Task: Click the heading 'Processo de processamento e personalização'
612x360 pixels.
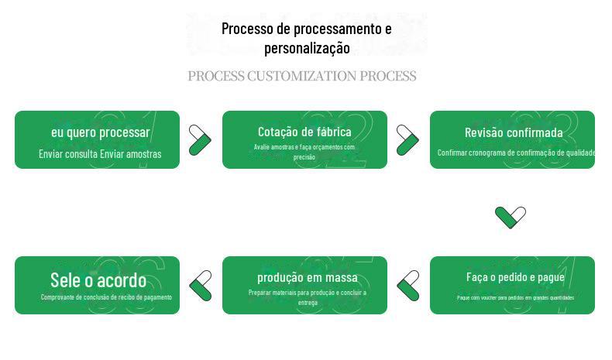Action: (x=306, y=38)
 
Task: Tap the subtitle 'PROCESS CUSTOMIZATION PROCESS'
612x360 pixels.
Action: (x=302, y=76)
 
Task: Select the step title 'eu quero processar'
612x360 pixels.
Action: (x=101, y=132)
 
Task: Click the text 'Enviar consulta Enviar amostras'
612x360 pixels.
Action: (x=100, y=153)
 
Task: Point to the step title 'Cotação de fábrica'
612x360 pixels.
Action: (x=304, y=132)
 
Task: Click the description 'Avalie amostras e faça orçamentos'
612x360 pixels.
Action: (x=304, y=151)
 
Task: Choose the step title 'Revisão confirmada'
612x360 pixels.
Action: (x=514, y=132)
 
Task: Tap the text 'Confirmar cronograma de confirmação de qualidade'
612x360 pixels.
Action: (x=515, y=153)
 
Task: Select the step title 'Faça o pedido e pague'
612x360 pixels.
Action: (x=515, y=277)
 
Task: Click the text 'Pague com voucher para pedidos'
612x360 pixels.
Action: (x=515, y=297)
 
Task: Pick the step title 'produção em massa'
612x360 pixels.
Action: (x=308, y=277)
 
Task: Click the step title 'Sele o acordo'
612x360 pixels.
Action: (x=98, y=279)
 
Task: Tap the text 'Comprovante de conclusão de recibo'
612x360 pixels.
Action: (x=106, y=297)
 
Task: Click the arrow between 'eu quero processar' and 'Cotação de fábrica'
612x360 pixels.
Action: (x=200, y=140)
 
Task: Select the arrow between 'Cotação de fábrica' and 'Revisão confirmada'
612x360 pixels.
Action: (x=407, y=140)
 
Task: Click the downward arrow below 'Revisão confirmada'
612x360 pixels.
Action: (x=511, y=217)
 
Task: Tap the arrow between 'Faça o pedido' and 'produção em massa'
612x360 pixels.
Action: (x=408, y=285)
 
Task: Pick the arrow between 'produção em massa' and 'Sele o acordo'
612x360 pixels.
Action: (x=201, y=285)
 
